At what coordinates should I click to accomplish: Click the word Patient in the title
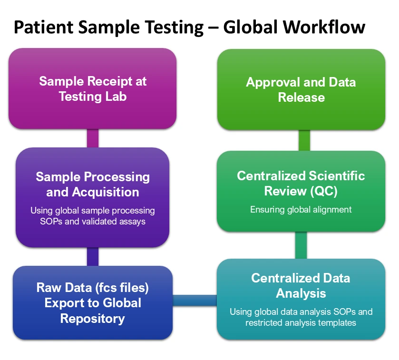click(x=43, y=27)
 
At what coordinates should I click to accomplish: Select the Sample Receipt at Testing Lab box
click(x=93, y=88)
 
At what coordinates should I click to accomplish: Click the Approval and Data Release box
click(x=301, y=89)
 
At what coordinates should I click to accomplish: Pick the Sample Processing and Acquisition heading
click(x=93, y=184)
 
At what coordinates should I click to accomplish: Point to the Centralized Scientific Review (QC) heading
click(x=301, y=183)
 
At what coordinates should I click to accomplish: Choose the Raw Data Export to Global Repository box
click(x=93, y=303)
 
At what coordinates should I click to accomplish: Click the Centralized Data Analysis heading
click(x=301, y=285)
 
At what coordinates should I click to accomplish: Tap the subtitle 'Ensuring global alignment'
click(x=301, y=209)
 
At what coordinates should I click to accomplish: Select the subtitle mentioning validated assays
click(x=93, y=216)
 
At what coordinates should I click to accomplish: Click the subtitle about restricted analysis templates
click(x=301, y=317)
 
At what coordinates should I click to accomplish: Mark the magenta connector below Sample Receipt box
click(x=93, y=138)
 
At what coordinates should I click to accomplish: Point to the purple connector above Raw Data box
click(x=93, y=256)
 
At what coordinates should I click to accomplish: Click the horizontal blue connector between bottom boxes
click(x=195, y=300)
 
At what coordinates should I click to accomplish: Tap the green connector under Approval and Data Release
click(x=304, y=140)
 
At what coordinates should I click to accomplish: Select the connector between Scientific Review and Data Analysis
click(x=301, y=245)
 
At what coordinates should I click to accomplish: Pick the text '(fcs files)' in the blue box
click(x=122, y=288)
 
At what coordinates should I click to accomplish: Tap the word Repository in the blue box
click(x=93, y=319)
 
